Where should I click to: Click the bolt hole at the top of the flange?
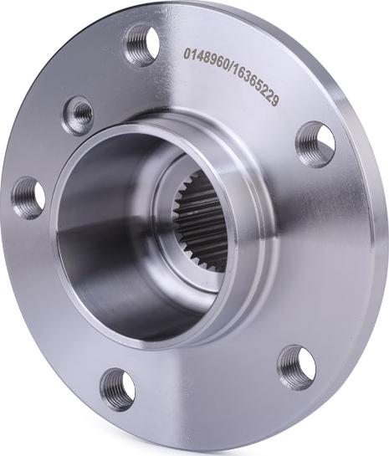[x=141, y=45]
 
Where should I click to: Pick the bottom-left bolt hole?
[x=117, y=387]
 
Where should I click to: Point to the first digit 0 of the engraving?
[x=187, y=54]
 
